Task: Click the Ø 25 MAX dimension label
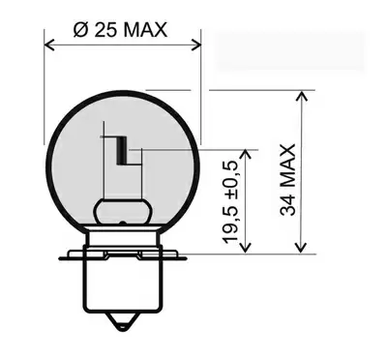(x=120, y=30)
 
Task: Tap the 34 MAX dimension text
(x=287, y=180)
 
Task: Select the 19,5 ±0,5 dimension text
(x=230, y=202)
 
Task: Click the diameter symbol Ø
(x=80, y=30)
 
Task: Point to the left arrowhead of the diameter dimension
(x=48, y=45)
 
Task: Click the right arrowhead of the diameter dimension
(x=196, y=45)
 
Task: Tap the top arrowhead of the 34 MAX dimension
(x=302, y=96)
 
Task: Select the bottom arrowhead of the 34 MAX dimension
(x=301, y=248)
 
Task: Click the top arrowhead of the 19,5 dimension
(x=247, y=155)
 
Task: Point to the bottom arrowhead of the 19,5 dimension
(x=247, y=248)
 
